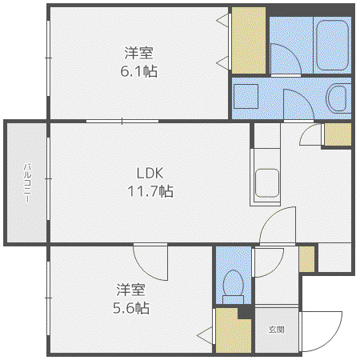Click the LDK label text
tap(150, 173)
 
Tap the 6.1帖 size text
tap(138, 71)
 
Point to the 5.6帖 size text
tap(131, 308)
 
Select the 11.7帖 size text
tap(150, 191)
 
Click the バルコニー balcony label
tap(27, 183)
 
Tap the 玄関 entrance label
tap(276, 330)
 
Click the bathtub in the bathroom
tap(332, 46)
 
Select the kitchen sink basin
tap(267, 183)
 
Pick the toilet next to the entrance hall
tap(233, 286)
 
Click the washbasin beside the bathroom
tap(338, 98)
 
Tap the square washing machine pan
tap(246, 96)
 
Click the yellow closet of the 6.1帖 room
tap(249, 40)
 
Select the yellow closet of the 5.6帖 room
tap(233, 331)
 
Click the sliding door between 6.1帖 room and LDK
tap(122, 122)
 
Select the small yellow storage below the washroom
tap(338, 134)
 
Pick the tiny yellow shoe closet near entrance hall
tap(306, 259)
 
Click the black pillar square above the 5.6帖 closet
tap(245, 312)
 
